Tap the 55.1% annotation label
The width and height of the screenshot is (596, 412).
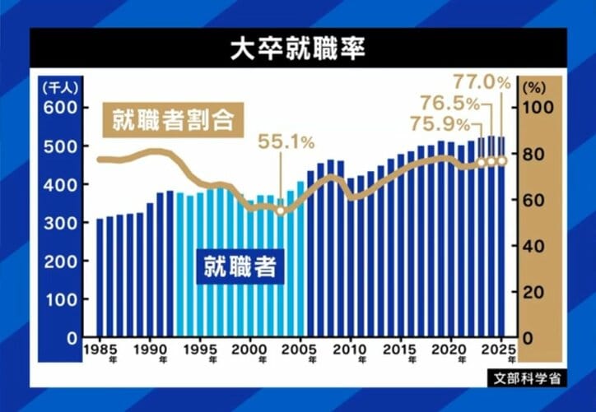(x=286, y=141)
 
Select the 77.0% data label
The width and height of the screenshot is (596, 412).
(x=482, y=84)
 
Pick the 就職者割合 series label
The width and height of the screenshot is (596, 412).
(x=174, y=122)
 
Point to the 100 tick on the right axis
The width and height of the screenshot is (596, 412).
(x=538, y=109)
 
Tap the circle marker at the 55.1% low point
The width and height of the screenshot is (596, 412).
(x=280, y=211)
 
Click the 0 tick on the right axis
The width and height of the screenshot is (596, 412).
(x=538, y=338)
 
